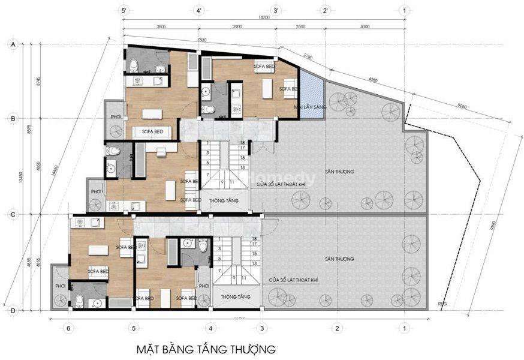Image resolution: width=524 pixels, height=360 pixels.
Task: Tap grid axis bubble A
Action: (x=12, y=44)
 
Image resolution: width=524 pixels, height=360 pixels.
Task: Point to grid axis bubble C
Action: (x=12, y=214)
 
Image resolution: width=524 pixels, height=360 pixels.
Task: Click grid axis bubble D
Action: (x=12, y=310)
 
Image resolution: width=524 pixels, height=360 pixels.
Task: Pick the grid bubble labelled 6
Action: (x=68, y=328)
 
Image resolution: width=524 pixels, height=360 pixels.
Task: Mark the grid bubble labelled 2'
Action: (x=325, y=10)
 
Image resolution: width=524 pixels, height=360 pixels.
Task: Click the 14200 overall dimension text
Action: (x=264, y=18)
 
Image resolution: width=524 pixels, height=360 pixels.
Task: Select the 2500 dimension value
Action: (x=300, y=26)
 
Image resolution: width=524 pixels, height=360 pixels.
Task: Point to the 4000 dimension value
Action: (x=365, y=26)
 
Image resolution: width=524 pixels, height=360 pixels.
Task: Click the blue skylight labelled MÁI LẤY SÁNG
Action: (x=310, y=96)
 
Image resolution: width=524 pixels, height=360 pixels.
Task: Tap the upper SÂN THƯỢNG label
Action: (x=339, y=172)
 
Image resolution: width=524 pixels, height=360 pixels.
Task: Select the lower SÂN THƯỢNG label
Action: (x=339, y=259)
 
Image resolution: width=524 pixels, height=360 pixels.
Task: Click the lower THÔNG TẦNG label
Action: (x=231, y=296)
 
